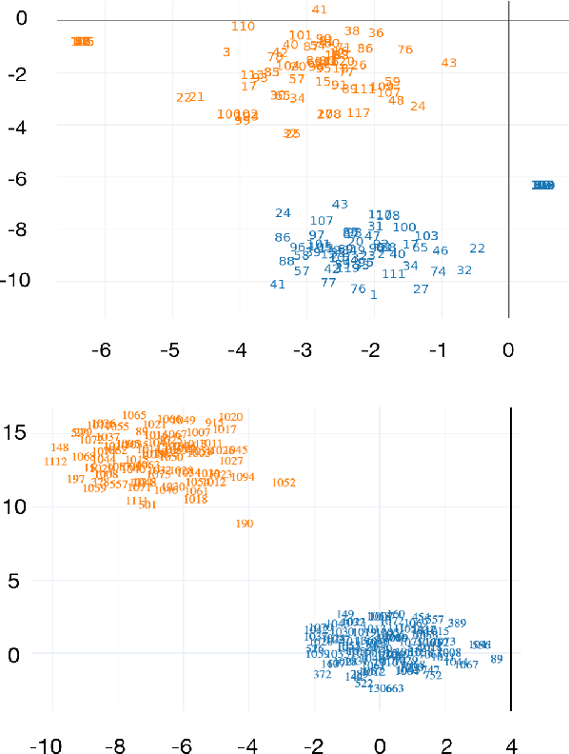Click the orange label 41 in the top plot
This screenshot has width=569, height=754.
pos(319,10)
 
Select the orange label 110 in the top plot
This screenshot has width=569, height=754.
pos(243,27)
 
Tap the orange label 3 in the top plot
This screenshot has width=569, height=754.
pos(226,52)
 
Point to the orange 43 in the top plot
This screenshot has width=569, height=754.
pos(449,63)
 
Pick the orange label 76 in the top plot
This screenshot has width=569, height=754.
pos(405,50)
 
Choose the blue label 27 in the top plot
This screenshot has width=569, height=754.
pos(421,289)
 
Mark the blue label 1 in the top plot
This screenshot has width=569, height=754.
pos(374,295)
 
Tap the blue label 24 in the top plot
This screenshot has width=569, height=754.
pos(283,213)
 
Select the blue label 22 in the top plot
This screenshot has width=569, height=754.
pos(477,248)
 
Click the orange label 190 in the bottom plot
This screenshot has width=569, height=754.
pos(245,524)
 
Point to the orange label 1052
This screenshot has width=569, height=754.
pos(284,483)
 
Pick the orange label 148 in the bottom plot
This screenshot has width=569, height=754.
pos(60,447)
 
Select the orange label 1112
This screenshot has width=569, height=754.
pos(55,462)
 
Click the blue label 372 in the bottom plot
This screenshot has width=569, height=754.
pos(323,674)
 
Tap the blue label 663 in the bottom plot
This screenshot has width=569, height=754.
pos(394,688)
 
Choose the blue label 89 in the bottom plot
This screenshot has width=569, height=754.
pos(496,659)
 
